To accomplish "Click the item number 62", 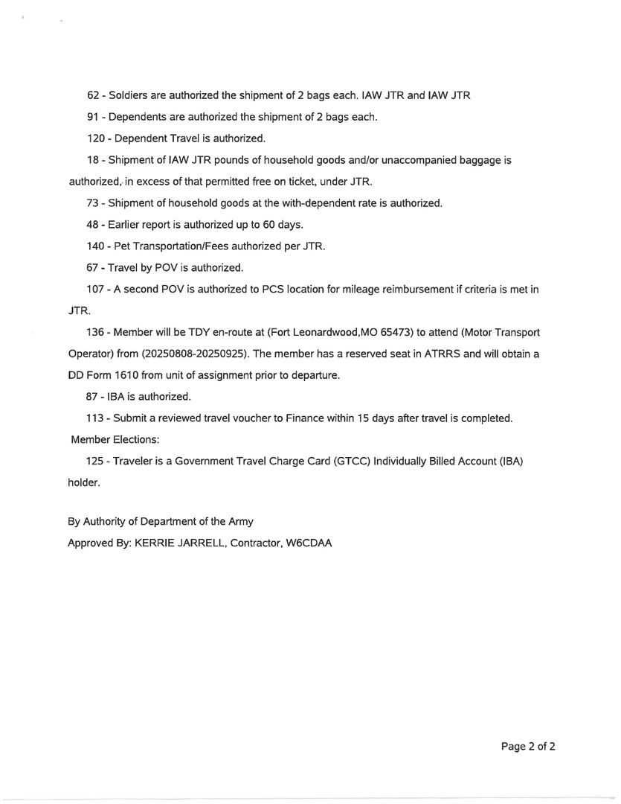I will point(94,95).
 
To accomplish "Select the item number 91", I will point(94,117).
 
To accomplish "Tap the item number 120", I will point(97,138).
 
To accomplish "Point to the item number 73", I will point(94,202).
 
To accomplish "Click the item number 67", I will point(94,267).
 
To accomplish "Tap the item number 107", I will point(97,289).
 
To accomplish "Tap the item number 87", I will point(94,397).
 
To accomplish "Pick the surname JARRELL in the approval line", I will point(199,543).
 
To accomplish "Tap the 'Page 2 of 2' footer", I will point(528,747).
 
